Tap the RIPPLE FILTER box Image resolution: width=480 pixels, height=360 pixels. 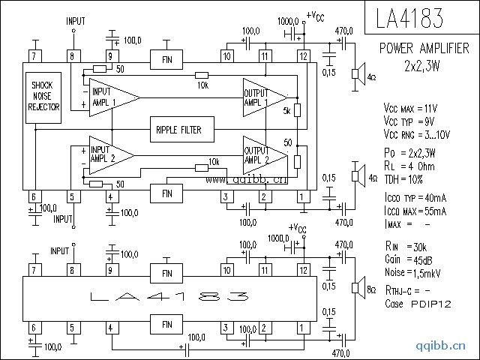[178, 130]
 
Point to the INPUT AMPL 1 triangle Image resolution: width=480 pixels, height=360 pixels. [110, 97]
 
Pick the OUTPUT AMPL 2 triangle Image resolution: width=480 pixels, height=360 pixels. [263, 154]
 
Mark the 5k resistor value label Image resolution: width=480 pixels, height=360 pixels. [286, 112]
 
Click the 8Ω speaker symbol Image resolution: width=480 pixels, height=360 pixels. [358, 288]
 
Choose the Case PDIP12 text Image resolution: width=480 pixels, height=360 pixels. [418, 304]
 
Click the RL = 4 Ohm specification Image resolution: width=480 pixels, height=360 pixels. [409, 166]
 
